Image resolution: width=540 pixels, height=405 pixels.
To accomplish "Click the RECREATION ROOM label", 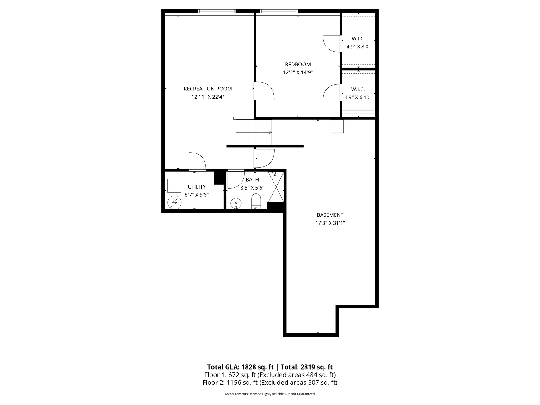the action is coord(208,89).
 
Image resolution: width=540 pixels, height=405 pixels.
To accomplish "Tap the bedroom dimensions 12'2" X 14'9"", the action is coord(298,72).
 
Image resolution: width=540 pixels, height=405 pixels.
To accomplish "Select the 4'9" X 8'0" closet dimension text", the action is coord(358,47).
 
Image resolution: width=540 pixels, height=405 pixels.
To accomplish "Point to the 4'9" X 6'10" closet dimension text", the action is coord(358,97).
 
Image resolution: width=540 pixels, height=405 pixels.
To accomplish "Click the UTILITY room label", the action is coord(197,187).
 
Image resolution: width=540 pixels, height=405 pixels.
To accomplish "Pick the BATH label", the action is coord(252,180).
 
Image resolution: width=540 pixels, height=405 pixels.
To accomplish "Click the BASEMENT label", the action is coord(330,215).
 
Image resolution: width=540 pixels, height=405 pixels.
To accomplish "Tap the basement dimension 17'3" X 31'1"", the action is coord(330,223).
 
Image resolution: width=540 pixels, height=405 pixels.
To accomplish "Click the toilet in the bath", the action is coord(256,202).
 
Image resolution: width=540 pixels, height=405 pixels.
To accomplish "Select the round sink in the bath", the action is coord(236,202).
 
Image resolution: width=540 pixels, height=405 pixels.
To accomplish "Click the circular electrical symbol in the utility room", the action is coord(174,202).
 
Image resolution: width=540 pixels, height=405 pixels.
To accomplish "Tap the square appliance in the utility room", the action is coord(174,186).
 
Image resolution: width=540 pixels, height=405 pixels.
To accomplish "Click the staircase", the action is coord(254,132).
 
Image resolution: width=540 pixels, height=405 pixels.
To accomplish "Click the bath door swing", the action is coord(236,180).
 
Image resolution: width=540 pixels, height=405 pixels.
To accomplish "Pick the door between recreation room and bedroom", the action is coord(264,91).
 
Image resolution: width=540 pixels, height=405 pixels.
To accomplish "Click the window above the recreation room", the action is coord(217,11).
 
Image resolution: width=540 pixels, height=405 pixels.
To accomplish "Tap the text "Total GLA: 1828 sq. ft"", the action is coord(240,367).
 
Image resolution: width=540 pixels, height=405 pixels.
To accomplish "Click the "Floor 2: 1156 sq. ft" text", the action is coord(230,383).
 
